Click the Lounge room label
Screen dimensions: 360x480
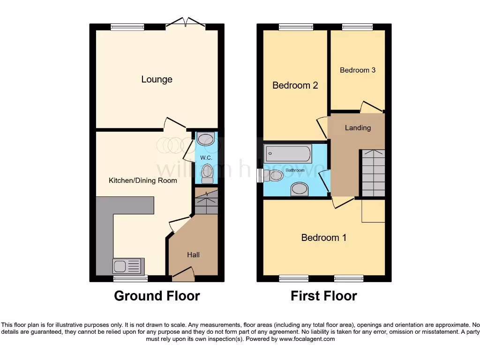click(x=157, y=79)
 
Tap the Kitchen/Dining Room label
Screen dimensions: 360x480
click(x=143, y=180)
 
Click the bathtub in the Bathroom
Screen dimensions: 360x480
click(x=288, y=153)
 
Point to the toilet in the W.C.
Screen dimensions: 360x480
click(x=207, y=174)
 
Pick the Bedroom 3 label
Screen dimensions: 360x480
click(x=358, y=70)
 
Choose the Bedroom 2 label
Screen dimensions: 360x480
click(x=295, y=85)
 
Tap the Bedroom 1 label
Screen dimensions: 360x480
click(x=324, y=238)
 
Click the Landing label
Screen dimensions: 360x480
click(x=358, y=127)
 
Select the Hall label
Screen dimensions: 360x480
click(x=193, y=255)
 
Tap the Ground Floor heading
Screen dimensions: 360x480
click(x=157, y=296)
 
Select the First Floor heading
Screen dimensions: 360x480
click(x=324, y=296)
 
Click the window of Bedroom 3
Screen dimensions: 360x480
click(x=357, y=27)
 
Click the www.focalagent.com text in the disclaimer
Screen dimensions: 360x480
click(x=307, y=339)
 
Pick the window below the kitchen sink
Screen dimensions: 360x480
click(x=131, y=278)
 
